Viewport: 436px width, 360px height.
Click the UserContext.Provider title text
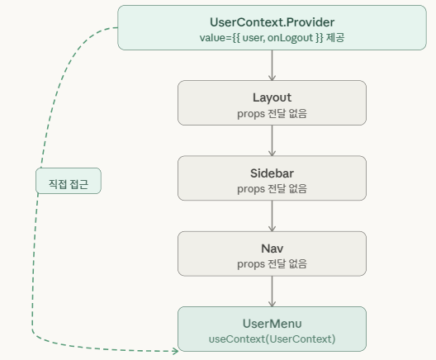tap(272, 22)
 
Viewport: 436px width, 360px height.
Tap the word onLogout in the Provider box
tap(290, 38)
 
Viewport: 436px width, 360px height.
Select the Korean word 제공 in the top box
tap(335, 37)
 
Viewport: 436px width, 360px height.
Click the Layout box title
tap(272, 98)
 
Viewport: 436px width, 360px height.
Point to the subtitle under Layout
tap(272, 114)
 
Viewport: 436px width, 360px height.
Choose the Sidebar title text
tap(272, 173)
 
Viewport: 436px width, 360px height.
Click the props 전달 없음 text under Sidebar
tap(272, 189)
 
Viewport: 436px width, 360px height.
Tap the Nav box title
tap(272, 249)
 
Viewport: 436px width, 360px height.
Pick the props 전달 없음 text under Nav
tap(272, 264)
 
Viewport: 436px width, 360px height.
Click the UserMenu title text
tap(272, 324)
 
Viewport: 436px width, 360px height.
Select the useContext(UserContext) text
tap(272, 339)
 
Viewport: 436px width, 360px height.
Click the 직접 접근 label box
tap(69, 181)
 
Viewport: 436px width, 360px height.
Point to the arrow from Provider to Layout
tap(272, 65)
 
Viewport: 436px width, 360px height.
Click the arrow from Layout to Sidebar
tap(272, 140)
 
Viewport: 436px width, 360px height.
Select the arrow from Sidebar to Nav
tap(272, 216)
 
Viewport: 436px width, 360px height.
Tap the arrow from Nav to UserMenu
tap(272, 291)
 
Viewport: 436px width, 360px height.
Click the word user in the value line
tap(253, 38)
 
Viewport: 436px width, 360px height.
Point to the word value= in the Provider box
tap(216, 38)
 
